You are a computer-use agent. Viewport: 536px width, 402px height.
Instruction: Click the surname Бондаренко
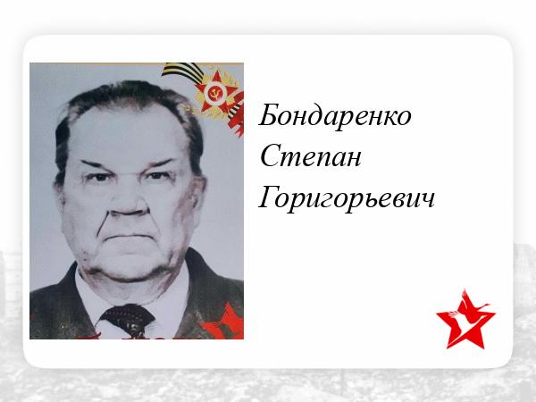335,115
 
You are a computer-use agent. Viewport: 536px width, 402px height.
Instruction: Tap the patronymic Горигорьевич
347,199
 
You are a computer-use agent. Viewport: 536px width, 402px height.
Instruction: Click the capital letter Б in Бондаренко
270,114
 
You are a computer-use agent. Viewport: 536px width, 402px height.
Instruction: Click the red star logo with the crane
465,320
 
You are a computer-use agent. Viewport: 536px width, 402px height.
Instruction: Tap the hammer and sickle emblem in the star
215,92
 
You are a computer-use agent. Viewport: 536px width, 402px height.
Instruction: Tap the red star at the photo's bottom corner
224,323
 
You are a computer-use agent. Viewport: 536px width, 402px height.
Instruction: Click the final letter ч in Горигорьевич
428,201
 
